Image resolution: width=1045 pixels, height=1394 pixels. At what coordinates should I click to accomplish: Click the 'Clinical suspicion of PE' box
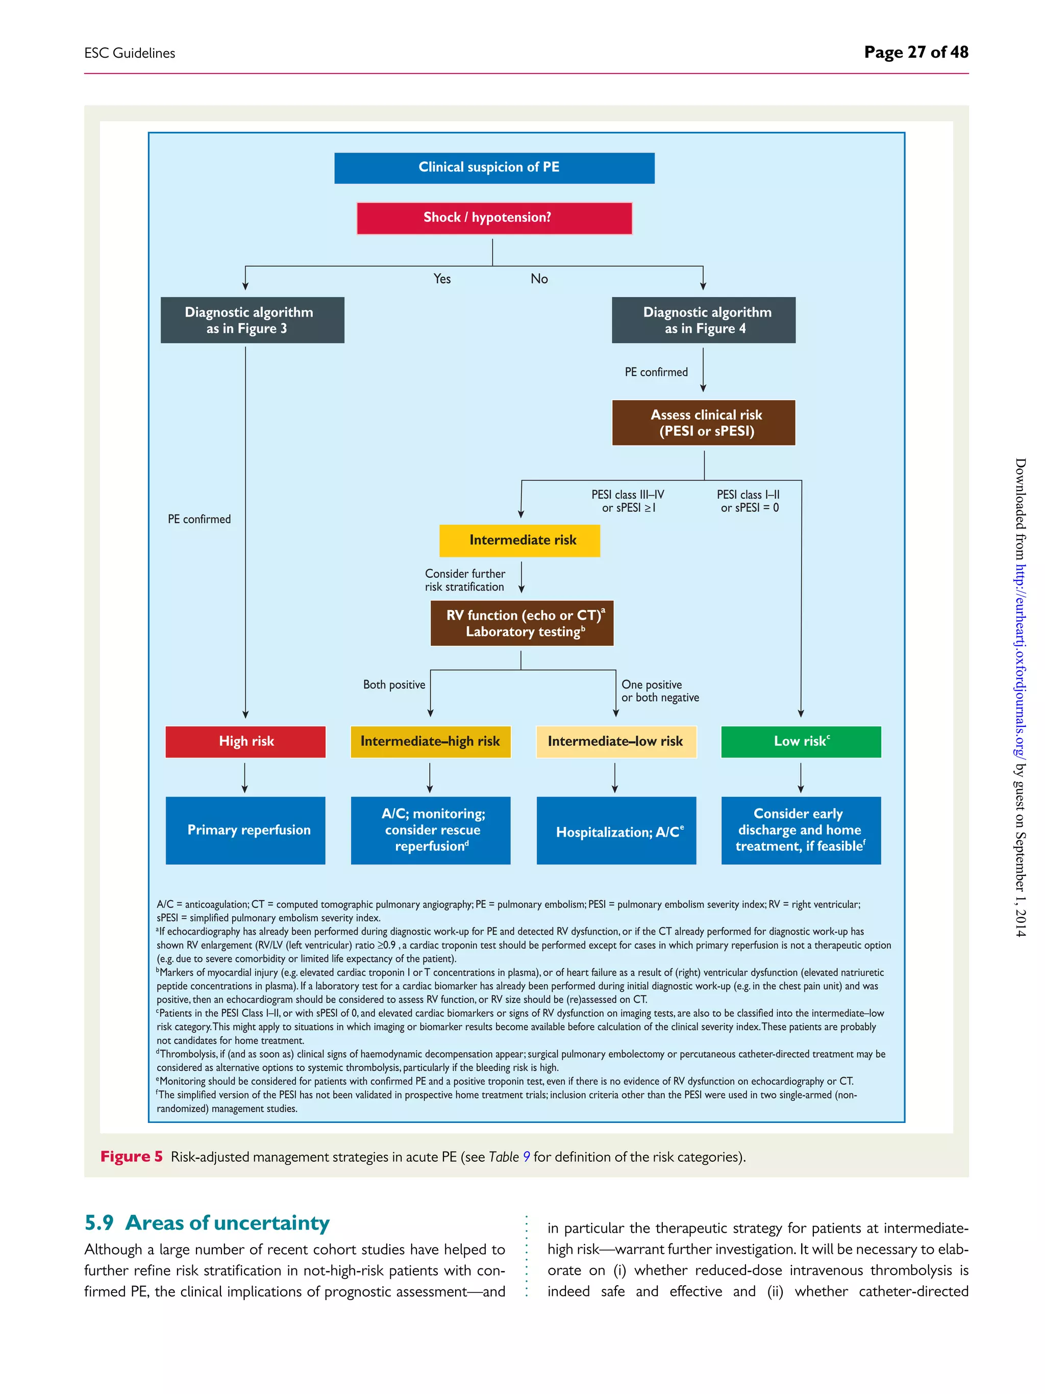click(x=494, y=167)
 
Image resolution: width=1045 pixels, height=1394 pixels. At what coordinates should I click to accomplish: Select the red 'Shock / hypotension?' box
click(x=494, y=218)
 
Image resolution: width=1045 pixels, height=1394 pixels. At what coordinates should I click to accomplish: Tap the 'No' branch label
click(x=539, y=279)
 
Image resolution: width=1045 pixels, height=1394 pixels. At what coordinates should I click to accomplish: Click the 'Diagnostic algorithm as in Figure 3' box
click(x=252, y=320)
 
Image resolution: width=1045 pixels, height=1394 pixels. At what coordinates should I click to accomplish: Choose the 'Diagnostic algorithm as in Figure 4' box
click(x=703, y=320)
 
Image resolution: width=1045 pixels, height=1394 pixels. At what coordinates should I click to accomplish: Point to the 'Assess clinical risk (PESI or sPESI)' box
click(x=703, y=423)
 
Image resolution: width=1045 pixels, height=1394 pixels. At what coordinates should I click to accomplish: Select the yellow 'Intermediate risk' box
click(x=519, y=540)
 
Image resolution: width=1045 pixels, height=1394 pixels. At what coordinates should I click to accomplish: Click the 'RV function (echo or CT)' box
click(x=521, y=623)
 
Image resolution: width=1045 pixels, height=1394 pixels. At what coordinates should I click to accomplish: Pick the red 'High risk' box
click(x=245, y=742)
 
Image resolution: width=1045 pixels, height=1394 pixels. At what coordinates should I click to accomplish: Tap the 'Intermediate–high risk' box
click(x=430, y=742)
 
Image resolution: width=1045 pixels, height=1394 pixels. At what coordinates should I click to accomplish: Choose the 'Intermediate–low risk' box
click(x=615, y=742)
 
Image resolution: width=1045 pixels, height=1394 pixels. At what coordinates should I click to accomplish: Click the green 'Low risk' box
click(x=801, y=742)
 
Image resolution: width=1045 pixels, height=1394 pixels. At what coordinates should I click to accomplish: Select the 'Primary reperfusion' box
click(x=245, y=830)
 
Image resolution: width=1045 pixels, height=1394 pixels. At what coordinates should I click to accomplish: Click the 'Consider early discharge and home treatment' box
click(x=801, y=830)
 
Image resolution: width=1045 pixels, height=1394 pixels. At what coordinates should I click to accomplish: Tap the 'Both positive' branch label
click(x=394, y=684)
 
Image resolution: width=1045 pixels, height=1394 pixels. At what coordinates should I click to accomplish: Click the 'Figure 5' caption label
click(x=132, y=1157)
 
